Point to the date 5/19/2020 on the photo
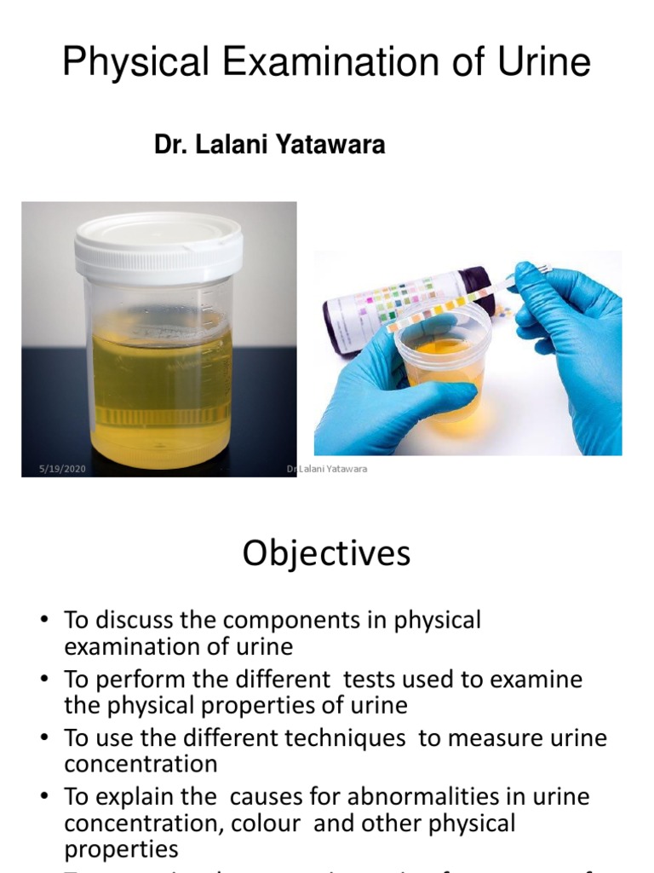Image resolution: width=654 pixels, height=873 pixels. [63, 469]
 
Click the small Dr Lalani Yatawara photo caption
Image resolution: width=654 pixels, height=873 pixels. [328, 469]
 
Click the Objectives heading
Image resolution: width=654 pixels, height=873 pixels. [326, 553]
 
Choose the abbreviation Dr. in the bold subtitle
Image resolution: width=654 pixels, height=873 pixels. [171, 145]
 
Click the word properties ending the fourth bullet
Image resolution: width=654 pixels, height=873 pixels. [121, 849]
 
